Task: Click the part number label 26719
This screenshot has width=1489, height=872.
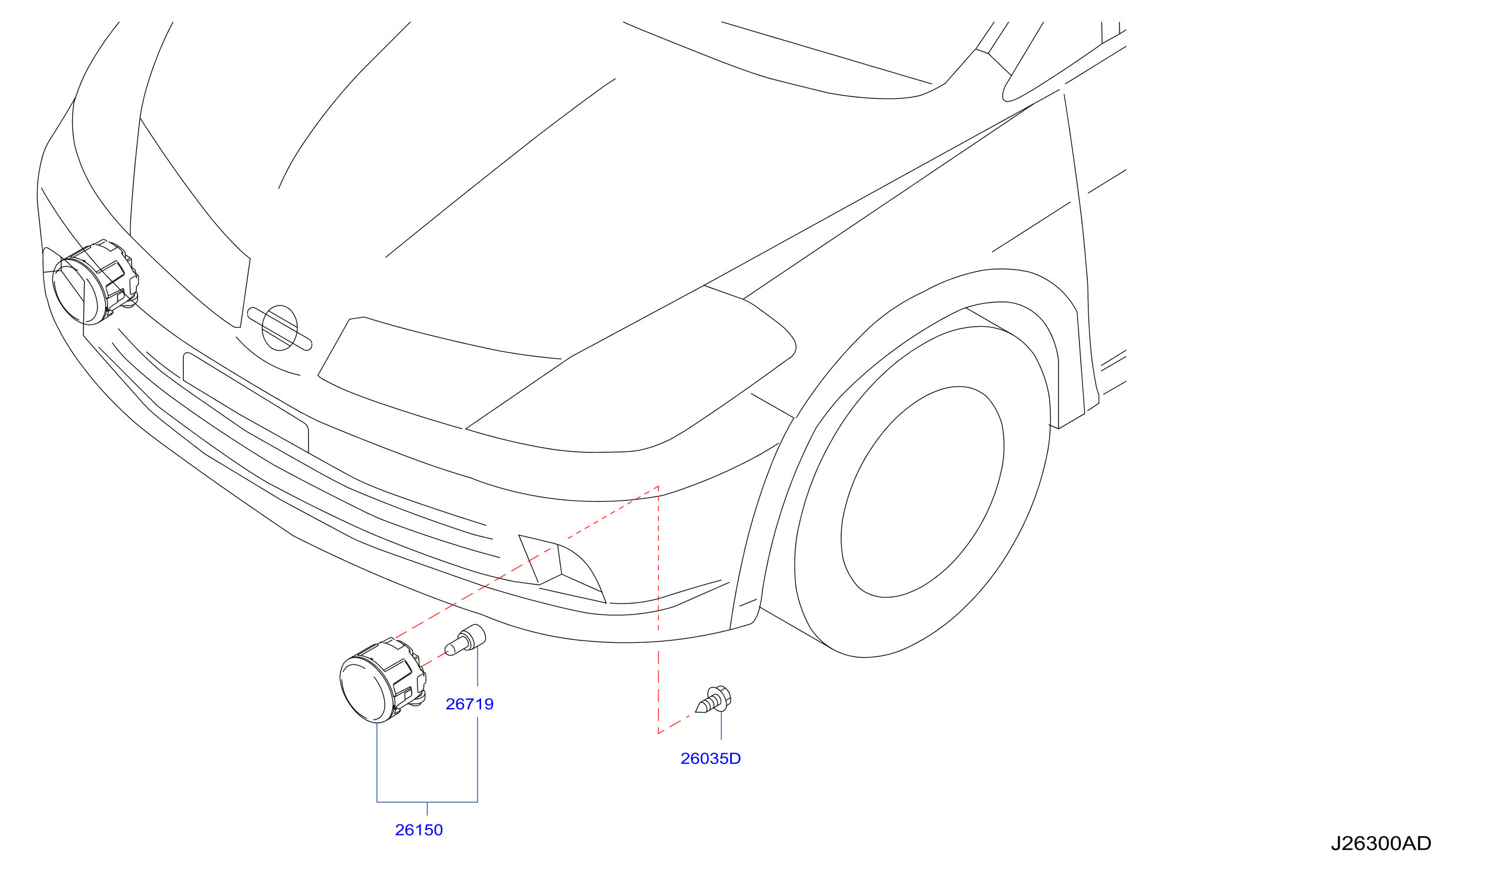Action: tap(469, 704)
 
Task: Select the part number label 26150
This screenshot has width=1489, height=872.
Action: tap(419, 830)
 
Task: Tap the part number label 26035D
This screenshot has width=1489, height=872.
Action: tap(710, 759)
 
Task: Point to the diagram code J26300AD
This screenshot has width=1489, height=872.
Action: tap(1382, 844)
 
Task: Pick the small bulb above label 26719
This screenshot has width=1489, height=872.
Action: tap(465, 640)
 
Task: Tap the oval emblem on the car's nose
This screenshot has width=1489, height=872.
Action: tap(280, 328)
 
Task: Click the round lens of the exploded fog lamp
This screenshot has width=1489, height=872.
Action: tap(364, 691)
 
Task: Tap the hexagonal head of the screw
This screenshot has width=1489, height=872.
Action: tap(721, 695)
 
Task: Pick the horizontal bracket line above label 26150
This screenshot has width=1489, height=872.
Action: tap(427, 802)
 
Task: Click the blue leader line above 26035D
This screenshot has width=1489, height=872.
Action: tap(721, 725)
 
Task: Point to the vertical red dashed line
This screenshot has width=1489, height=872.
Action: tap(658, 610)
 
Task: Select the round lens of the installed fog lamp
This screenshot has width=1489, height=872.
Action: tap(76, 294)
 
